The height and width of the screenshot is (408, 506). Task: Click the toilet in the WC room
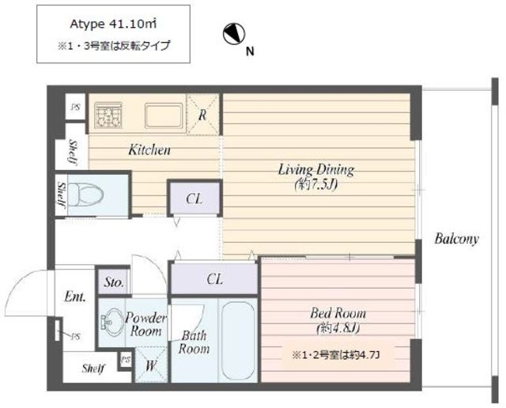click(x=86, y=195)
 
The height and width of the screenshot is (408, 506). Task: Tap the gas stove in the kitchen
click(x=108, y=115)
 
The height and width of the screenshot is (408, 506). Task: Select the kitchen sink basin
click(x=164, y=115)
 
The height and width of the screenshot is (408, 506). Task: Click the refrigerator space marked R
click(x=202, y=115)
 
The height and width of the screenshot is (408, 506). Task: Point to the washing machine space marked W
click(x=151, y=365)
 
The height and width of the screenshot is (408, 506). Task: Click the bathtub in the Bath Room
click(x=238, y=340)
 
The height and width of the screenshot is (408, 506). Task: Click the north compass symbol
click(x=234, y=34)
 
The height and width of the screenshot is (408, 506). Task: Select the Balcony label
click(x=456, y=239)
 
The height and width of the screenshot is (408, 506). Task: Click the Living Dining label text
click(x=316, y=169)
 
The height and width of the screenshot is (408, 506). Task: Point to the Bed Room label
click(x=338, y=313)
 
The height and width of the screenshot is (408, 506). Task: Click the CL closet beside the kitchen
click(x=194, y=198)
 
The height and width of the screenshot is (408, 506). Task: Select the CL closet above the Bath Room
click(x=214, y=279)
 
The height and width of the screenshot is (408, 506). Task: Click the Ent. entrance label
click(x=75, y=297)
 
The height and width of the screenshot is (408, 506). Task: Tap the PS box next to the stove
click(x=76, y=107)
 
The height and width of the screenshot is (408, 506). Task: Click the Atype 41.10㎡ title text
click(x=113, y=25)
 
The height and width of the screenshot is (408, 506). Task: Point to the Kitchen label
click(x=149, y=150)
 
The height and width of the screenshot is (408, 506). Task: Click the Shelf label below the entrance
click(x=93, y=368)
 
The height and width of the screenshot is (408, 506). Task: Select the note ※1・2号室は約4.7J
click(x=335, y=355)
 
